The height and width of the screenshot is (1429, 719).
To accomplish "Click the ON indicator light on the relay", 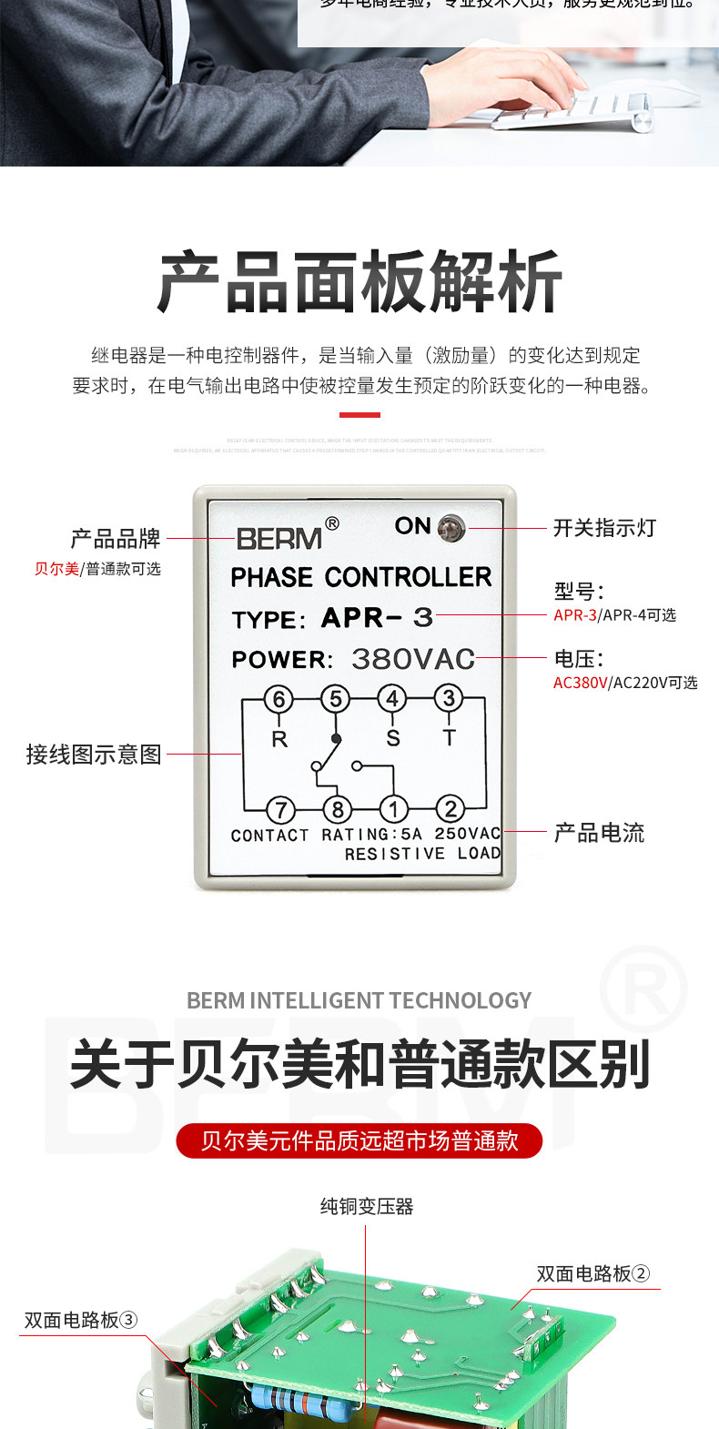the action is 451,527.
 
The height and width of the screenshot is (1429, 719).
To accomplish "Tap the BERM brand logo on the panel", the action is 280,538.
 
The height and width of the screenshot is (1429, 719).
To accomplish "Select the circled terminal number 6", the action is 278,699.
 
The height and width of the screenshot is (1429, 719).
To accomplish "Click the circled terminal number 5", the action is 335,699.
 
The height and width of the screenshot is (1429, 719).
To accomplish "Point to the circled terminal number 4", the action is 392,699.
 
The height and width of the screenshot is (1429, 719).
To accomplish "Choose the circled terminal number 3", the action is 449,699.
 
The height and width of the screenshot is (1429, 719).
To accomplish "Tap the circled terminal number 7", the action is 280,809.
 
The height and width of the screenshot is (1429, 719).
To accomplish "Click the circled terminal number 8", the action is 337,809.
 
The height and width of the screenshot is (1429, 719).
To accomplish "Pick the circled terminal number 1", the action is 394,809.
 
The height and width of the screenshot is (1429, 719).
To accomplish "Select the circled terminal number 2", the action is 451,809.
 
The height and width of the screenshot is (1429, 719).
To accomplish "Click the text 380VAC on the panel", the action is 413,659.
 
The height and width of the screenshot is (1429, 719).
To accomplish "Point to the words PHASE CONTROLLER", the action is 361,577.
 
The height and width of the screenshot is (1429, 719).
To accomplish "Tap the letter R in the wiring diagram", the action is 279,739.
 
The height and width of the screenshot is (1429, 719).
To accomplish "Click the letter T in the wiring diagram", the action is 450,738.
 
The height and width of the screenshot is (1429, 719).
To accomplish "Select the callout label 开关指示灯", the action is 604,528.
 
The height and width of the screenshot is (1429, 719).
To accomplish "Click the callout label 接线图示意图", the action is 94,755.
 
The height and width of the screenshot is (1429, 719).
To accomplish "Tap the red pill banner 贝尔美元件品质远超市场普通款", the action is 359,1140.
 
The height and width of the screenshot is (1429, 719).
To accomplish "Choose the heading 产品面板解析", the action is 359,282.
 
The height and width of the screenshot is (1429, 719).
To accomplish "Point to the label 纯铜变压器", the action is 367,1207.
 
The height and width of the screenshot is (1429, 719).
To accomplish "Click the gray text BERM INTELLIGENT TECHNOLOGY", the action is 359,1000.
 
